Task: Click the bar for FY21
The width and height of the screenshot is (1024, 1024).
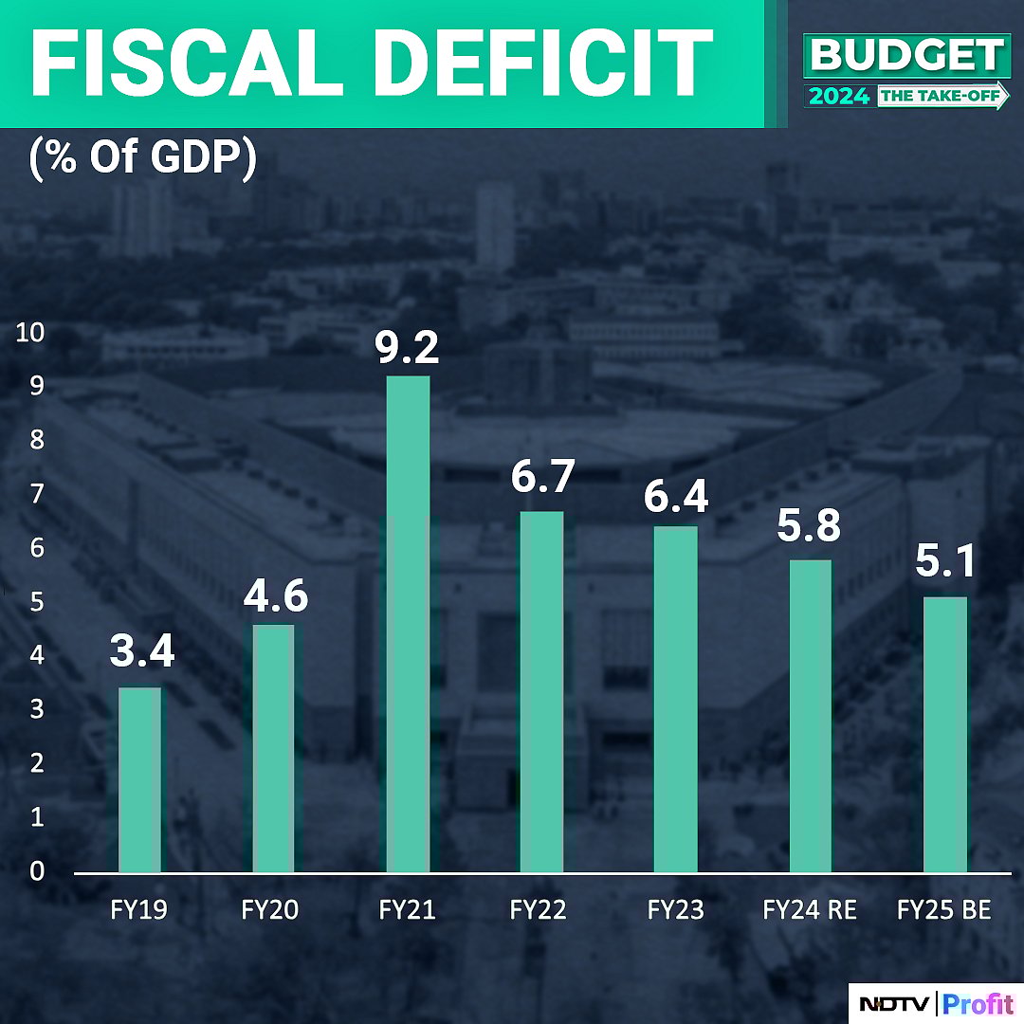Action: (408, 624)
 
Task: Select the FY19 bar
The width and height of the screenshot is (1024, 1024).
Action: (139, 779)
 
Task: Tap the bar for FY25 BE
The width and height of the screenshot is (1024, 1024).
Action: (945, 734)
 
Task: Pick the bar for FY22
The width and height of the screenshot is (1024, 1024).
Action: (541, 691)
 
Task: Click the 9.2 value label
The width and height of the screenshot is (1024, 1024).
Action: (408, 347)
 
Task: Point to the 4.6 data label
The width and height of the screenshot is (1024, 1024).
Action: (274, 596)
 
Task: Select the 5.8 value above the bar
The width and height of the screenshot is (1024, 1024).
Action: (809, 525)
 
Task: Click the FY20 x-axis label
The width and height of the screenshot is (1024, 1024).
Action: (270, 910)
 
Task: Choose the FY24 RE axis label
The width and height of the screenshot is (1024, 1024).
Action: (810, 910)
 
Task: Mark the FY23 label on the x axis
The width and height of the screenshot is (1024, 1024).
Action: (676, 910)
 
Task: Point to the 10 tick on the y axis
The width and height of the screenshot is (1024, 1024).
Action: (29, 333)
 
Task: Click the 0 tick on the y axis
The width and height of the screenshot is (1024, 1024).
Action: (36, 870)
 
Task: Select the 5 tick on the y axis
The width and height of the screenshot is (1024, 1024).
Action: (36, 602)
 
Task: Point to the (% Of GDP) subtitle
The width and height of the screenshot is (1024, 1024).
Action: (142, 157)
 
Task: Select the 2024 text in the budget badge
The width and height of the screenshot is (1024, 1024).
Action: (839, 96)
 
